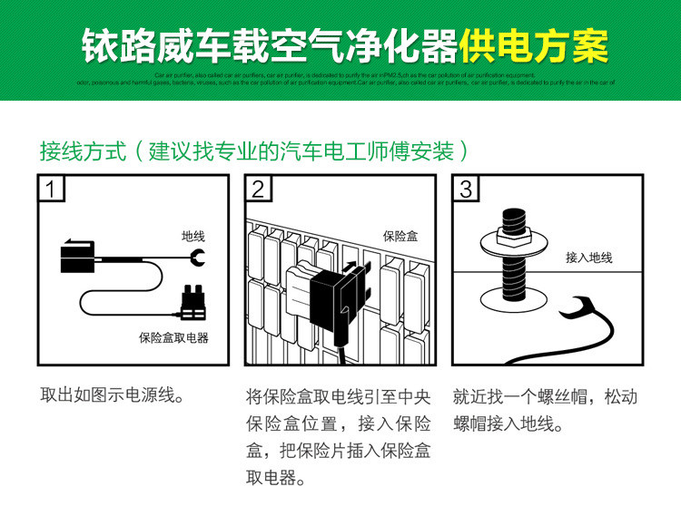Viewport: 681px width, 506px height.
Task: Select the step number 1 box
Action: pos(54,189)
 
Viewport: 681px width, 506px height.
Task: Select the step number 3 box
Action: pos(466,189)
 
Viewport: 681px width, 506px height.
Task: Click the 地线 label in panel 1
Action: pos(193,238)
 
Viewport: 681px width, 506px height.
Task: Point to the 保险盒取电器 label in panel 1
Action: pos(173,337)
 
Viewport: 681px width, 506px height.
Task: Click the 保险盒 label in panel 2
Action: pos(400,237)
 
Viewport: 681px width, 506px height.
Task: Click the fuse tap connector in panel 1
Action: pos(192,304)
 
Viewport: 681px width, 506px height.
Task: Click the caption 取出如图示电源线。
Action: pos(113,396)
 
